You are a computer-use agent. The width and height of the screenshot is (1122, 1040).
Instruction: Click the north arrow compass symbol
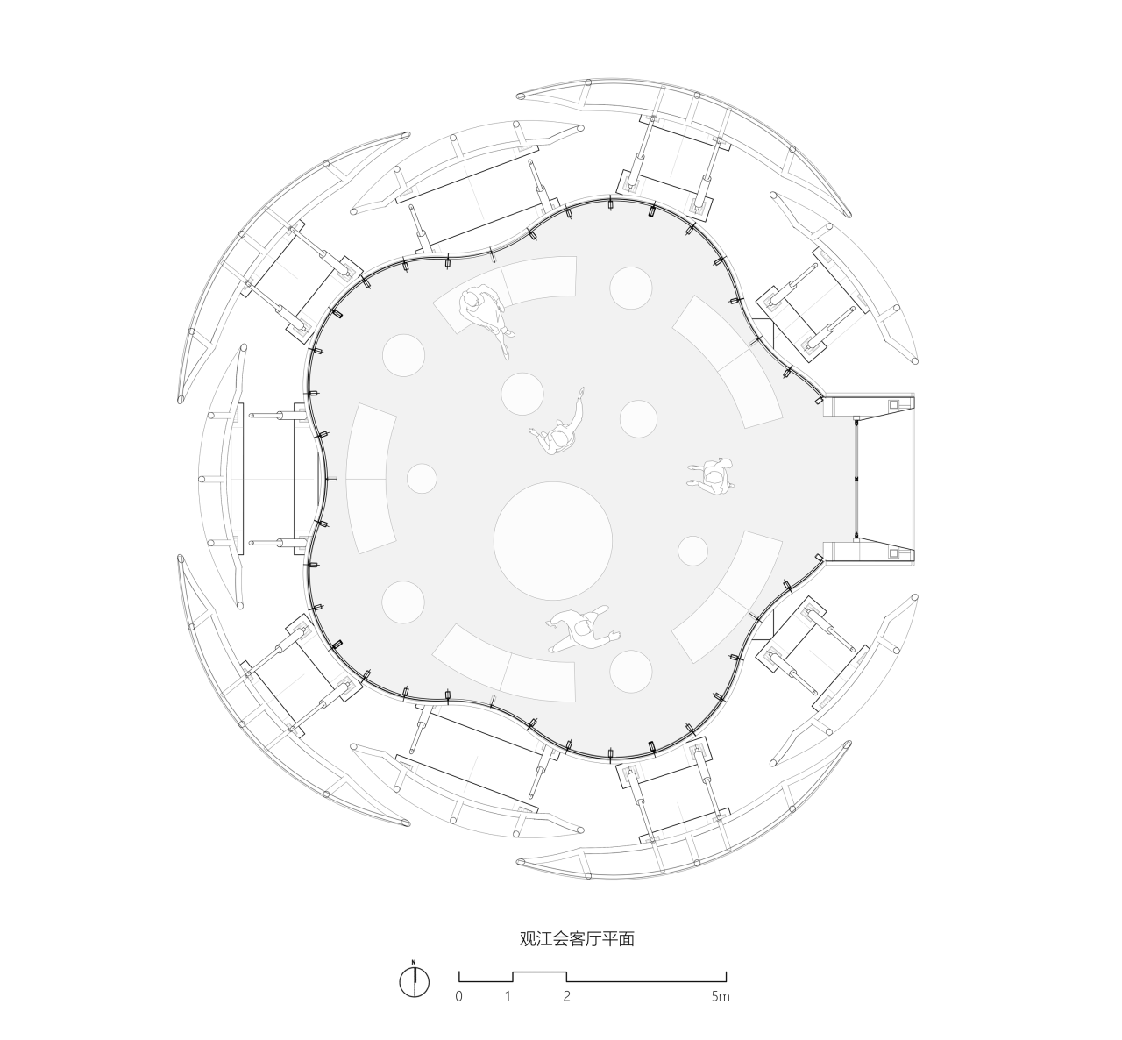[x=414, y=980]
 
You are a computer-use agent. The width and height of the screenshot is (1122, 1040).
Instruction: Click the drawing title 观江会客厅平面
[x=576, y=939]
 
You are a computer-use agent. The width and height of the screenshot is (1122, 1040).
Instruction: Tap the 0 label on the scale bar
[x=458, y=997]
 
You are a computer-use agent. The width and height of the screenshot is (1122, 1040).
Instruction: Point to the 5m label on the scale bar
[x=720, y=997]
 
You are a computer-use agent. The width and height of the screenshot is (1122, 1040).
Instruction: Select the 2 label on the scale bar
[x=567, y=997]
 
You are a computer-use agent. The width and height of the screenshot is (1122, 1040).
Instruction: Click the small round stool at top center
[x=631, y=288]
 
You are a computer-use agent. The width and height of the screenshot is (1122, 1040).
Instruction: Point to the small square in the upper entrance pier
[x=895, y=405]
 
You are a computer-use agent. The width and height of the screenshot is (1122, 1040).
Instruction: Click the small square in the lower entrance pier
[x=895, y=552]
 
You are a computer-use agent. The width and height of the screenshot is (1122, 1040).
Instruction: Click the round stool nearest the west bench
[x=422, y=478]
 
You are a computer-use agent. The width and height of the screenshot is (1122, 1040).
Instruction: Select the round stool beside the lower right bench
[x=693, y=551]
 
